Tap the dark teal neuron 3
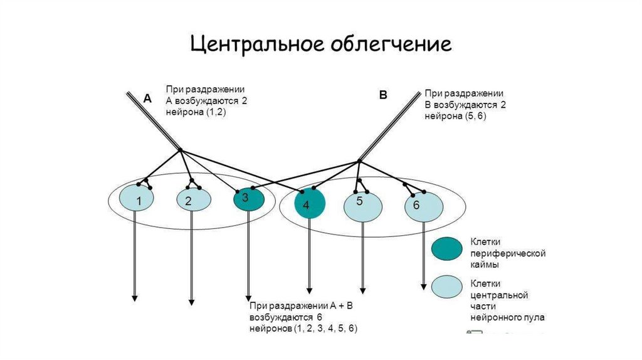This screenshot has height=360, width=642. [x=248, y=199]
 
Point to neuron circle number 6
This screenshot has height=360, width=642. [x=423, y=206]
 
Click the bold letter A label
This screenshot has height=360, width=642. [x=147, y=98]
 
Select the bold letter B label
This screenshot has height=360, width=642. [x=383, y=95]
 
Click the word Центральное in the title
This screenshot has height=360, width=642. [x=253, y=45]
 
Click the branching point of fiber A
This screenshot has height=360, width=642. [x=181, y=150]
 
